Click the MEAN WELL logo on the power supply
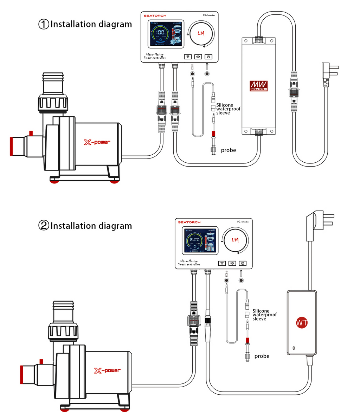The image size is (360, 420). click(x=258, y=86)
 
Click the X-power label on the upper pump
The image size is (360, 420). click(x=97, y=142)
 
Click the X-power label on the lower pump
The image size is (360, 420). click(x=107, y=370)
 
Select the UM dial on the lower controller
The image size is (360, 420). click(x=235, y=240)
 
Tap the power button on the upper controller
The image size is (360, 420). click(x=208, y=57)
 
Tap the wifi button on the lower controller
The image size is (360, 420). click(x=222, y=263)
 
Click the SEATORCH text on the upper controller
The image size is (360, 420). click(x=155, y=16)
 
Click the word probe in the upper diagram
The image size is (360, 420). click(x=228, y=150)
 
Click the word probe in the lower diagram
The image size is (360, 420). click(x=262, y=356)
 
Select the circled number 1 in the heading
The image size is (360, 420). click(x=43, y=24)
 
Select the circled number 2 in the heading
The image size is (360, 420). click(x=43, y=226)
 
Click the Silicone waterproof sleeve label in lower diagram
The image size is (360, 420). click(x=264, y=315)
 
